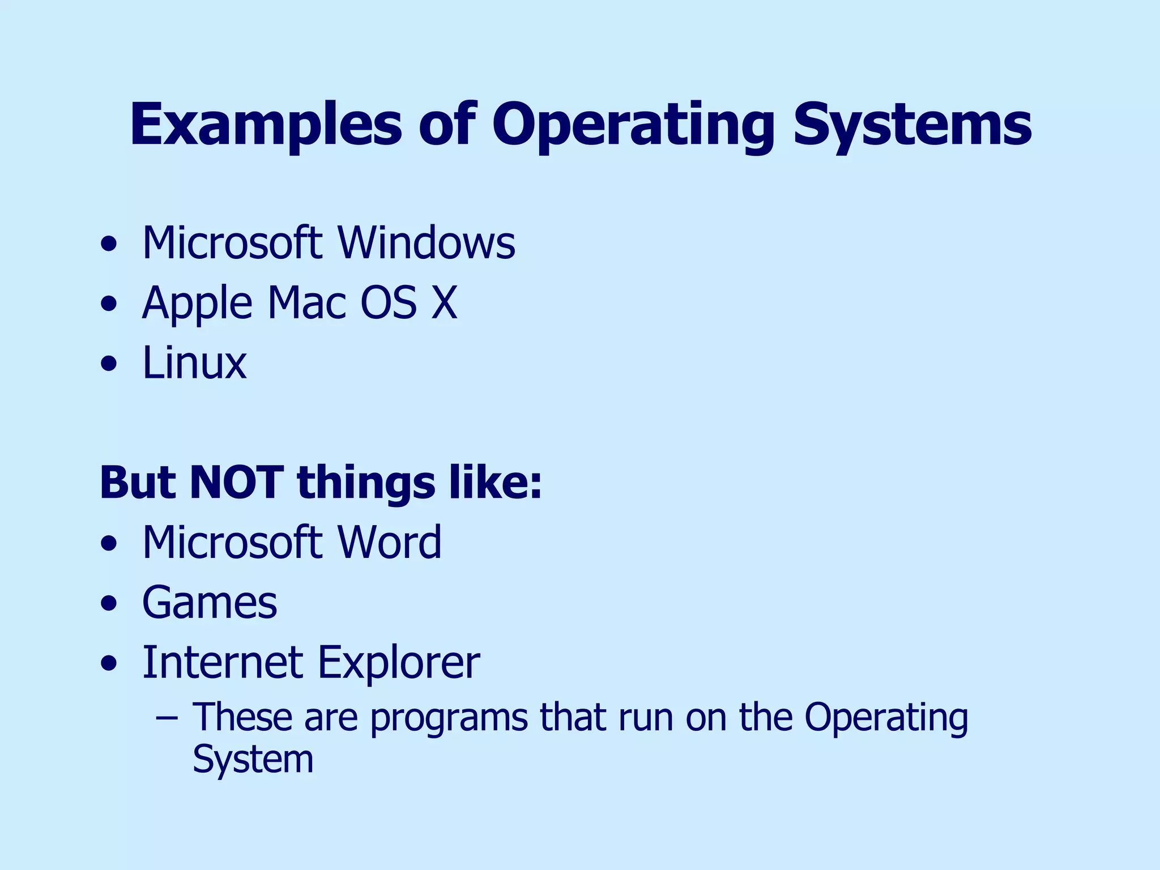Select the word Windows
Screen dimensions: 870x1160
click(427, 243)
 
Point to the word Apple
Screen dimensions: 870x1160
click(197, 304)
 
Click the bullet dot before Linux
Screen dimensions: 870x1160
click(109, 364)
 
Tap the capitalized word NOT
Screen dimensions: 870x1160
click(236, 483)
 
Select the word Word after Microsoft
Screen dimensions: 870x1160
click(389, 542)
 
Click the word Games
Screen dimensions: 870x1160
click(210, 602)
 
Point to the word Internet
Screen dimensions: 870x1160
click(222, 662)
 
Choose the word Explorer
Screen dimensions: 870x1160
click(398, 663)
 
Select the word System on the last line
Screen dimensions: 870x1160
click(253, 760)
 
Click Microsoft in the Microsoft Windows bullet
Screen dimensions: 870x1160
click(232, 243)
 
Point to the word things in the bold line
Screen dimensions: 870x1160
click(366, 483)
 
